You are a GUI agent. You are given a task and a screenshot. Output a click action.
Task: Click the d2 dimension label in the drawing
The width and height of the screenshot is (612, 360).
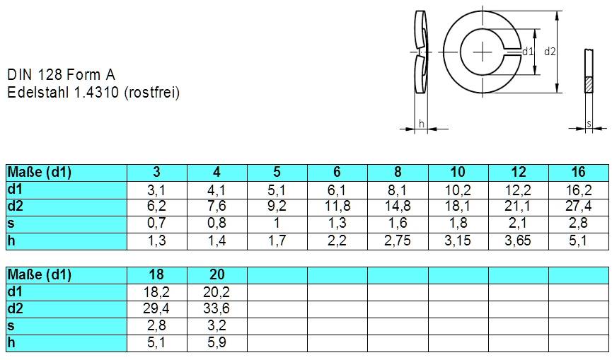[x=550, y=52]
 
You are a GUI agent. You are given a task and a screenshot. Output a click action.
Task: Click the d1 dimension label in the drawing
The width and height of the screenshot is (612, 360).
[x=527, y=52]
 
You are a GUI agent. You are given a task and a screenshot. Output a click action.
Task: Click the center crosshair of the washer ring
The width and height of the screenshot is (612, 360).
[x=484, y=52]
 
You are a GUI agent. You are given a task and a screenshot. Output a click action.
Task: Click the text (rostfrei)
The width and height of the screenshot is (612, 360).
[x=151, y=92]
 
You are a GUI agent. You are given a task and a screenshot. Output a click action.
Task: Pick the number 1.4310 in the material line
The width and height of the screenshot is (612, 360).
[x=97, y=92]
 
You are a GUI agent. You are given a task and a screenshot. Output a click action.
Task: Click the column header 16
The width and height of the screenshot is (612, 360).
[x=578, y=172]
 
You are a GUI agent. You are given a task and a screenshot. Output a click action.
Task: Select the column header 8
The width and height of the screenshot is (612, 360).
[x=397, y=172]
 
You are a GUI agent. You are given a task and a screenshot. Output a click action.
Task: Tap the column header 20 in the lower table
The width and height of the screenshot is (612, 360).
[x=216, y=274]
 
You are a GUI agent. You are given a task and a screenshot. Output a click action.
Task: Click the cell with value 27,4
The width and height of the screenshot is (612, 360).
[x=578, y=206]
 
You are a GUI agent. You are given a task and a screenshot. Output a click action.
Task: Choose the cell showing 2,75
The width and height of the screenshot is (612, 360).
[x=397, y=240]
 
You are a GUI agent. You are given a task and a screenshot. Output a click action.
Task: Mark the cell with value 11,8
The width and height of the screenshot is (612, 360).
[x=337, y=206]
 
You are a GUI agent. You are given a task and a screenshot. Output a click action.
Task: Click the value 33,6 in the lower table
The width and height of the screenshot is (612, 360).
[x=216, y=309]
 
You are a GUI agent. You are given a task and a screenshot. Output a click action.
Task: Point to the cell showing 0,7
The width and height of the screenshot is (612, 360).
[x=156, y=223]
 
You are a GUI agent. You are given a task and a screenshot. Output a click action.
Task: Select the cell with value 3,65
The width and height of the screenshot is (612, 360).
[x=518, y=240]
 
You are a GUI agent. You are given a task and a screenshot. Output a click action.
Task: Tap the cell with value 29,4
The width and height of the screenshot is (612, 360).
[x=156, y=309]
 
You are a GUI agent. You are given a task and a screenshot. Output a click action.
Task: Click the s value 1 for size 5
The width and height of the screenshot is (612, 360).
[x=277, y=223]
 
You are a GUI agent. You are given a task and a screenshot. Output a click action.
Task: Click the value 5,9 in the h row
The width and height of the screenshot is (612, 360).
[x=216, y=343]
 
